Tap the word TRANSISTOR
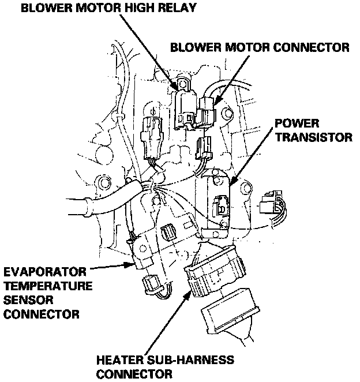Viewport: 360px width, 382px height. tap(312, 138)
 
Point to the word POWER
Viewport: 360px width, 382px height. tap(296, 123)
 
